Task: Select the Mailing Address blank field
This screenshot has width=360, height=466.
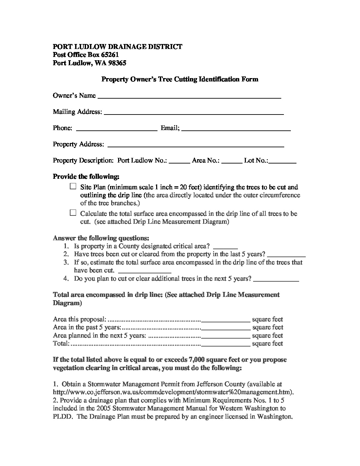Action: (194, 113)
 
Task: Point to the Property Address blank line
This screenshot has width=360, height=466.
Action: (196, 145)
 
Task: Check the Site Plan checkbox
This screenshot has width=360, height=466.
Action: (73, 187)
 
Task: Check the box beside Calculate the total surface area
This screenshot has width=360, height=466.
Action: (73, 213)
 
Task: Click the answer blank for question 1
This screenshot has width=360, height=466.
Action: (226, 247)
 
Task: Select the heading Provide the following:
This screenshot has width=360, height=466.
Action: (86, 176)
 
